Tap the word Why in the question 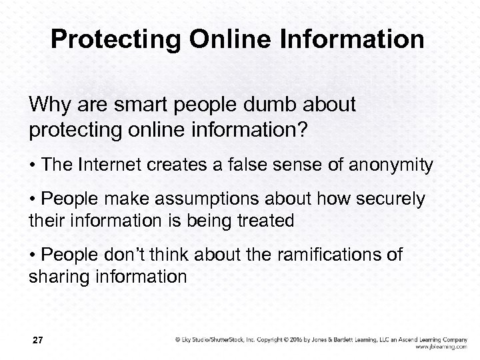pyautogui.click(x=49, y=105)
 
